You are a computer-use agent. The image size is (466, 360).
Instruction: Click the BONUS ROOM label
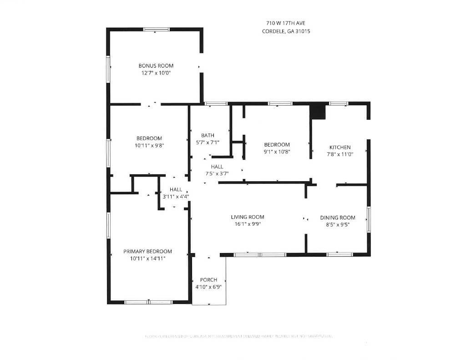point(156,66)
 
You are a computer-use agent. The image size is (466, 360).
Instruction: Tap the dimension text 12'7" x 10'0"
point(156,73)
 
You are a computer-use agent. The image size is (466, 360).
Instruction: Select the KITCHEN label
point(340,147)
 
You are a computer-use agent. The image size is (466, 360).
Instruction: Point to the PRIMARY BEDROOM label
point(147,251)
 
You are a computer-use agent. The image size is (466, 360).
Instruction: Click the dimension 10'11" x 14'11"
point(147,259)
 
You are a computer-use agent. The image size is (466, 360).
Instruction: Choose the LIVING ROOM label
point(247,217)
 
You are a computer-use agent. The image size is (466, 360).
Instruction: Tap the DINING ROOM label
point(337,218)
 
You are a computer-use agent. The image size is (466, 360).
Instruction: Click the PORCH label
point(208,279)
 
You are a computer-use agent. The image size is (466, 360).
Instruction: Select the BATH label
point(208,135)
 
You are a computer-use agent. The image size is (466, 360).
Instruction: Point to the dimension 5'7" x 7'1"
point(208,142)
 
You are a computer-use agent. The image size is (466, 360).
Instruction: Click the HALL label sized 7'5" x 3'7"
point(217,167)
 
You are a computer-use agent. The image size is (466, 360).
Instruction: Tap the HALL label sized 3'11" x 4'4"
point(176,189)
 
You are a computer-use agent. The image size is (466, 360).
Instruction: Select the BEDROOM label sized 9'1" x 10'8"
point(277,145)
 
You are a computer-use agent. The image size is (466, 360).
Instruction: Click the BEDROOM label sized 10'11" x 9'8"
point(149,138)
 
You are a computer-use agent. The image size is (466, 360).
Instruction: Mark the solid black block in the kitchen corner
point(318,112)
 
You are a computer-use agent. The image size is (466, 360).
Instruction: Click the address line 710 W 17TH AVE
point(286,23)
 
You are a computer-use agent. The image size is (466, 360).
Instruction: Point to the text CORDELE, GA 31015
point(286,31)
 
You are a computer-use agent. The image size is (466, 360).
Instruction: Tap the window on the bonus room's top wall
point(156,30)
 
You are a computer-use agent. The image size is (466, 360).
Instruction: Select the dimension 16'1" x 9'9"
point(247,224)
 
